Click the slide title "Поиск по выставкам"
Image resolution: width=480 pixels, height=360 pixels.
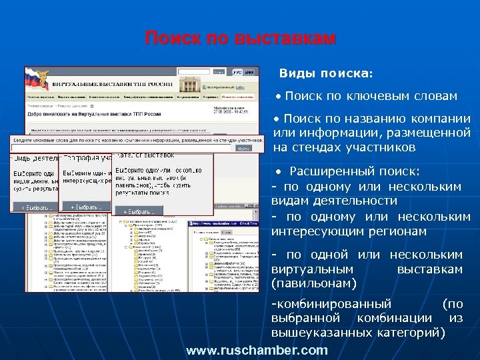tap(240, 39)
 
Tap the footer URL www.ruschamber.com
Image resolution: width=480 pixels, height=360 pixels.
tap(257, 350)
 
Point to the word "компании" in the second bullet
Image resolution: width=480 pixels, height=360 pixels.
tap(439, 119)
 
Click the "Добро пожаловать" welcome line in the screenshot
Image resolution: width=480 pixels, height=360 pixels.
tap(93, 114)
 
